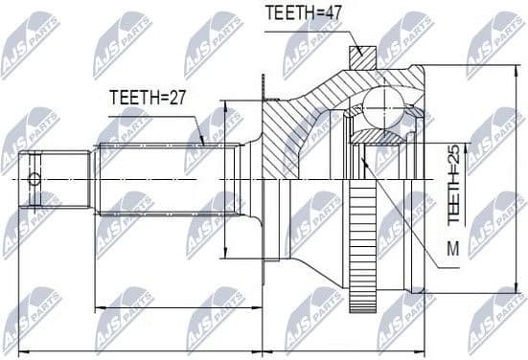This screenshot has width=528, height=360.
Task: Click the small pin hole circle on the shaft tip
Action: (35, 179)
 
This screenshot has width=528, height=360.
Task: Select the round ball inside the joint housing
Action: (382, 102)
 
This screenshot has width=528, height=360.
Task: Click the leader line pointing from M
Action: (402, 206)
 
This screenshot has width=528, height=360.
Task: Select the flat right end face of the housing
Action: (424, 179)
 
